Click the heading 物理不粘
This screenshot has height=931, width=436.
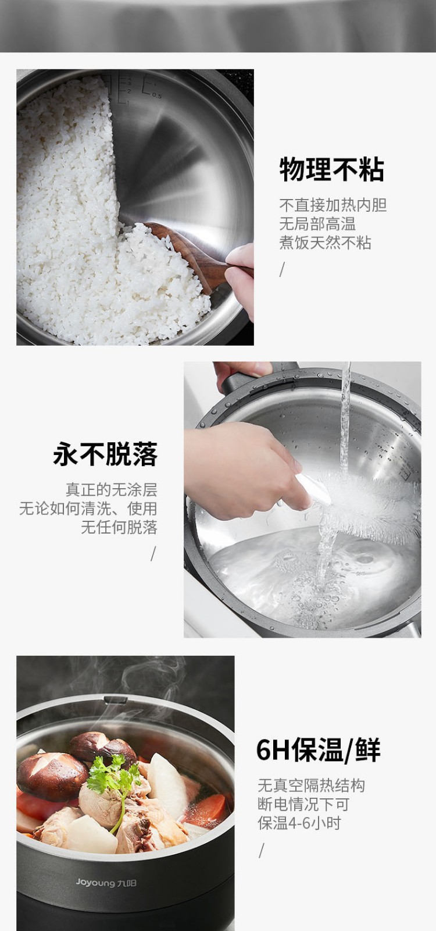331,169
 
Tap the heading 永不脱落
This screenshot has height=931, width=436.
105,454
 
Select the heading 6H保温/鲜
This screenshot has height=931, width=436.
318,749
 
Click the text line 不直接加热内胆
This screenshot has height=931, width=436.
333,205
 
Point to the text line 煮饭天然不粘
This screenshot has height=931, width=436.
325,242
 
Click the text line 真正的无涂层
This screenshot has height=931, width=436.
111,489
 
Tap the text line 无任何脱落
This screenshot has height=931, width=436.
119,527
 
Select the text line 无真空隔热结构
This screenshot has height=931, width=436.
311,786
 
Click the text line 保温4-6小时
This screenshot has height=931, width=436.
299,823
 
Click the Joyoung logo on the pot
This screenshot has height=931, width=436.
106,882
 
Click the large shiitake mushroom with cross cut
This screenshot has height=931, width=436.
52,775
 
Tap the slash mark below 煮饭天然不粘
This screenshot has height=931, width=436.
283,269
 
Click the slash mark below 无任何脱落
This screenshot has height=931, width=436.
153,553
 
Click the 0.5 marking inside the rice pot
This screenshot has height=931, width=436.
156,95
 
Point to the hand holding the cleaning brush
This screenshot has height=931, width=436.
245,470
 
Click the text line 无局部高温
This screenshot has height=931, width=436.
317,223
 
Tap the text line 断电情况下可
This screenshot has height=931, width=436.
303,804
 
